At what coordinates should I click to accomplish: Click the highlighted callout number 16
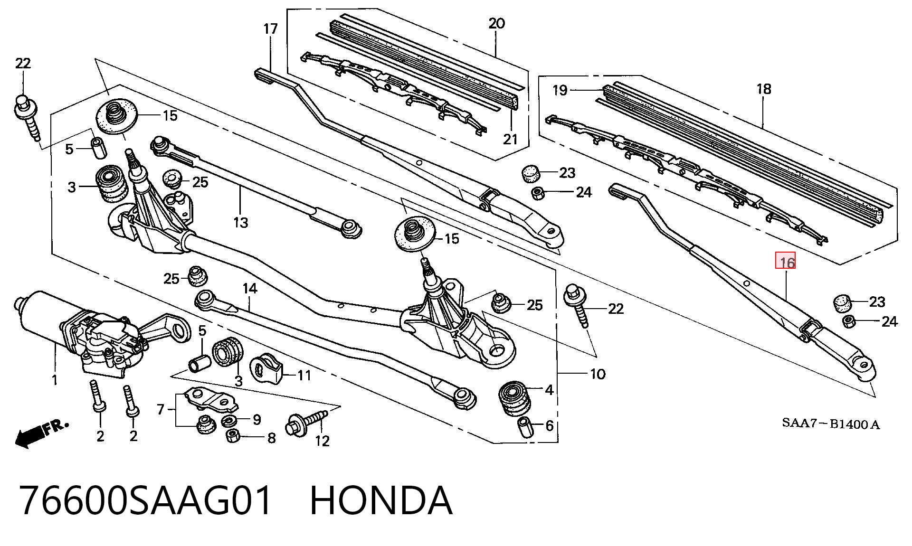point(785,262)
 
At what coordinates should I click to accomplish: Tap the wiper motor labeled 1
point(81,332)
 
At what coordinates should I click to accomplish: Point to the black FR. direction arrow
point(42,433)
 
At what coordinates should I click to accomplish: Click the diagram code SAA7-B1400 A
point(831,424)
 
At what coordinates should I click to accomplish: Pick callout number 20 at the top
point(496,23)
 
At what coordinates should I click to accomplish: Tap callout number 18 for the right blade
point(764,89)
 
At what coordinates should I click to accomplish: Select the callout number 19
point(560,90)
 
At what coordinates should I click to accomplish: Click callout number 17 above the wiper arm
point(270,29)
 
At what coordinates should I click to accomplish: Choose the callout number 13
point(241,222)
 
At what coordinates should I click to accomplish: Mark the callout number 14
point(250,288)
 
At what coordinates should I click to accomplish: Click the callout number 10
point(598,374)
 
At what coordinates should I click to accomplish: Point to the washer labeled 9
point(231,420)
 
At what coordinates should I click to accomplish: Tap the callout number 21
point(510,139)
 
